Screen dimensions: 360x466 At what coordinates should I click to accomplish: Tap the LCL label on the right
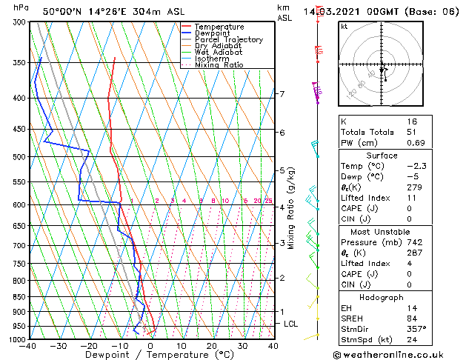pos(291,324)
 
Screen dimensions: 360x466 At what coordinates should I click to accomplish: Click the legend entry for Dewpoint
pos(210,33)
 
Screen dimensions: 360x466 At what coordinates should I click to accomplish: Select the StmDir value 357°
pos(416,330)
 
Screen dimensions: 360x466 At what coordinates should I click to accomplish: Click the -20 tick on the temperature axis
pos(90,345)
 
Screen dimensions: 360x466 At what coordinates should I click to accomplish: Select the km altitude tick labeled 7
pos(282,94)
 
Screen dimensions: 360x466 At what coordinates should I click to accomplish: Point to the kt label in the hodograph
pos(344,27)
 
